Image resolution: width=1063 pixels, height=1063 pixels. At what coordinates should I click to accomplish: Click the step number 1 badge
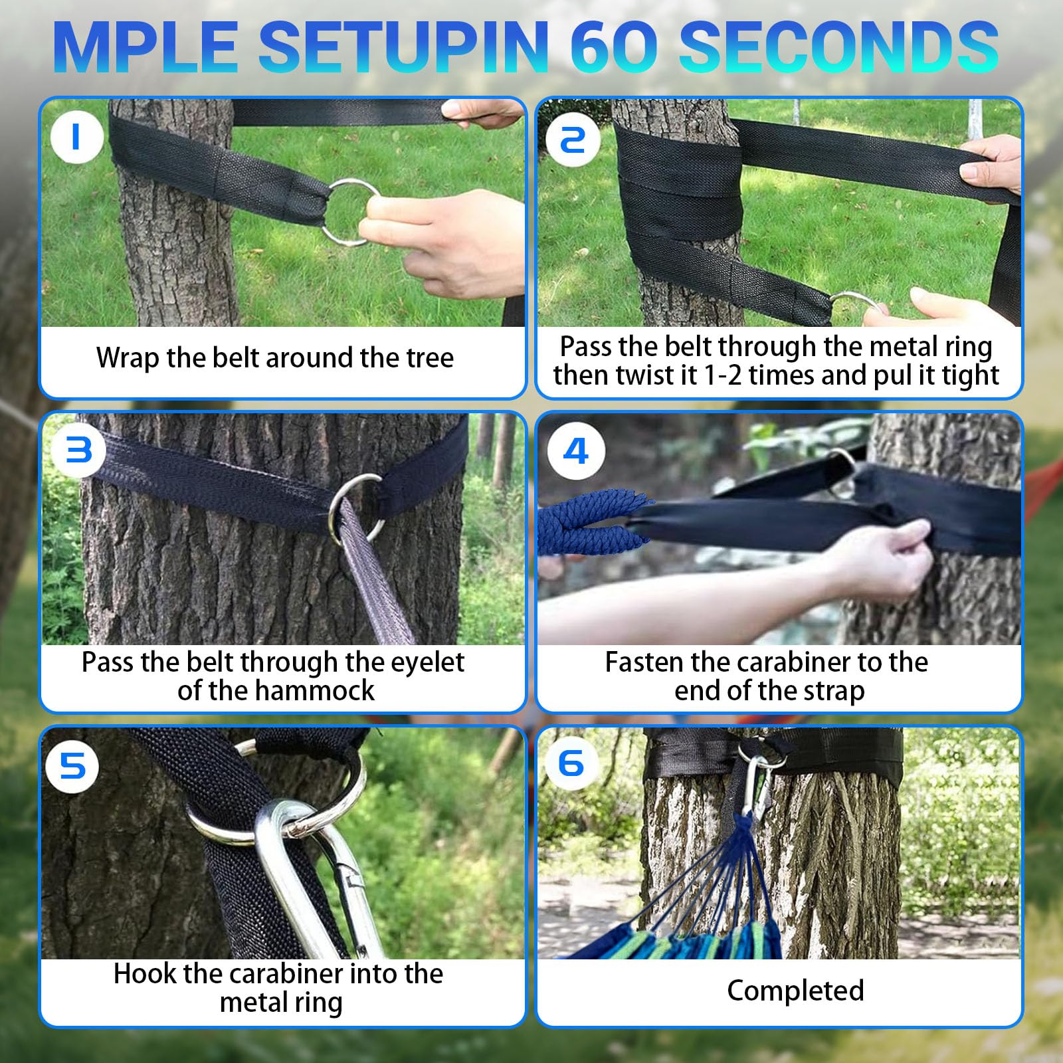tap(76, 137)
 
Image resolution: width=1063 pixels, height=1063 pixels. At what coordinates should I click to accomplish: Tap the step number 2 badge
tap(573, 138)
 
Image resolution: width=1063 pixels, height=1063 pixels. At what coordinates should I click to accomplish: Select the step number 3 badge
tap(78, 450)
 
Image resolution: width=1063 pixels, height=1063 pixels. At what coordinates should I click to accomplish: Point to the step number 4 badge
tap(575, 450)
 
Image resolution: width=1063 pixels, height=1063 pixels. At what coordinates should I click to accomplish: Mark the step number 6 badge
tap(571, 763)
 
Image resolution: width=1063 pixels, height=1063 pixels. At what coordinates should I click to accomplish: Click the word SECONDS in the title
tap(838, 47)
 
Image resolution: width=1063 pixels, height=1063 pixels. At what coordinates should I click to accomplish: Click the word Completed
tap(795, 991)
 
